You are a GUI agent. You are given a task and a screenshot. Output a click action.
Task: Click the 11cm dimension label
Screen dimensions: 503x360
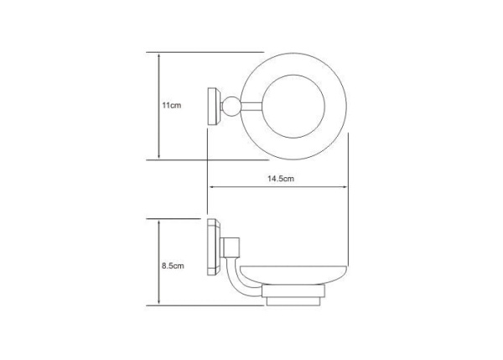click(x=172, y=106)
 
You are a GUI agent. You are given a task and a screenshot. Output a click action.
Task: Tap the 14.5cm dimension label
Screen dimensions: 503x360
click(x=281, y=179)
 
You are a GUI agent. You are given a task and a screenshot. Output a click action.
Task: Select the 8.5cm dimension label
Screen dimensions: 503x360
click(x=173, y=266)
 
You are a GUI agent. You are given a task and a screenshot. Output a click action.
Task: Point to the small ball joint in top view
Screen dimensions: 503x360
click(x=231, y=107)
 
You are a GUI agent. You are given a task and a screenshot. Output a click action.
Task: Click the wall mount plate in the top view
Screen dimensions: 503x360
click(x=214, y=107)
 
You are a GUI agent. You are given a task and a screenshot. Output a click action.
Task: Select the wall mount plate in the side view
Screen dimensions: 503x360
click(x=214, y=247)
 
